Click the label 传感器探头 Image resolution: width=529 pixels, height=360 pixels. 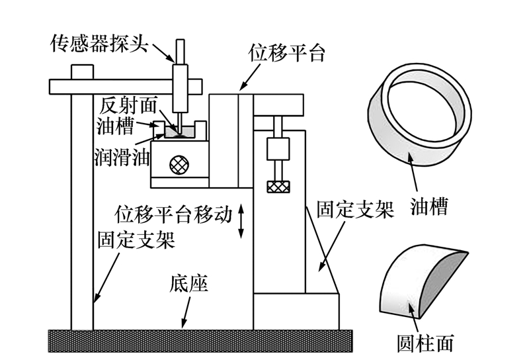pos(99,44)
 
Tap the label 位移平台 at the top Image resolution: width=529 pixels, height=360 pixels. pos(286,53)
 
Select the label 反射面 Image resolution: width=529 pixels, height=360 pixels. pos(128,106)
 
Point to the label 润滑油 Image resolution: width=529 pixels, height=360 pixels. pos(122,156)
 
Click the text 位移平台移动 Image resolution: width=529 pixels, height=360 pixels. pos(174,214)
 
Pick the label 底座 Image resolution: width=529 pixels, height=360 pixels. pos(189,283)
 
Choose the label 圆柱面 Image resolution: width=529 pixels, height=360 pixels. pos(425,343)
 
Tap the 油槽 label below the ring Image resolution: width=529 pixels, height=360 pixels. pos(429,206)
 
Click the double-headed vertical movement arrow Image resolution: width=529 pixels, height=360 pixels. pos(241,221)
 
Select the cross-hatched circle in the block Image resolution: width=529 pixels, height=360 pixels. pos(179,165)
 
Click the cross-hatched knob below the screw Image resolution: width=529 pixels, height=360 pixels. pos(278,187)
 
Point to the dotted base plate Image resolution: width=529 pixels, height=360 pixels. pos(200,341)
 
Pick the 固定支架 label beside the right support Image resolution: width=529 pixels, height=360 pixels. pos(356,209)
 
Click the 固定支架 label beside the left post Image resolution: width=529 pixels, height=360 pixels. pos(136,240)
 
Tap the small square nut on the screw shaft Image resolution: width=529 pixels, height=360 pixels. pos(278,149)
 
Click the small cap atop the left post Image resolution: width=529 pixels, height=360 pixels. pos(82,72)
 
